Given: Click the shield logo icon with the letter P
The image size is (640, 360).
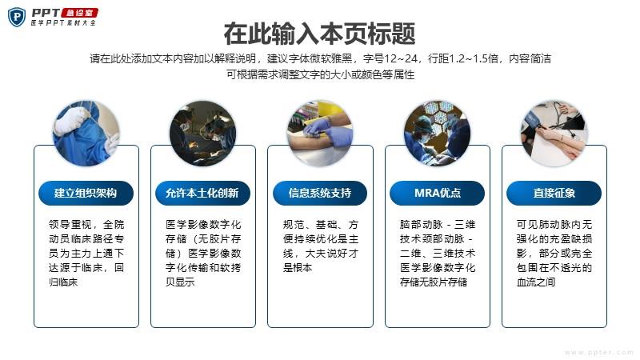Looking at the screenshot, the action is (x=17, y=17).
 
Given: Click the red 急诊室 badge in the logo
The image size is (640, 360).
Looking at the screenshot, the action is (x=80, y=13).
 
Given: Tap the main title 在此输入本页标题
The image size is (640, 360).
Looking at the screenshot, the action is (x=319, y=34).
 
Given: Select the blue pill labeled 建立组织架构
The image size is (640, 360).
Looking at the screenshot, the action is (x=86, y=193).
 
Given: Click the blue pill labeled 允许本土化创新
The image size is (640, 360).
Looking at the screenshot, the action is (x=202, y=193).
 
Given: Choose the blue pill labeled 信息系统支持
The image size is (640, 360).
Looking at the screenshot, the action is (x=320, y=193).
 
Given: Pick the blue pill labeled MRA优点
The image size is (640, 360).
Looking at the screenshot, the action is (x=437, y=193).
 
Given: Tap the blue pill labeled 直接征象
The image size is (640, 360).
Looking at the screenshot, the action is (x=554, y=193).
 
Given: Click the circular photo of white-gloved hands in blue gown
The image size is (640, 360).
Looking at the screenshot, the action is (x=86, y=134).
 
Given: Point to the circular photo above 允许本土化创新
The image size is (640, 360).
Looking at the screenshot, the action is (x=203, y=134).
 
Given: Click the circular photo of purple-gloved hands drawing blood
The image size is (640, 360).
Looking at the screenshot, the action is (x=320, y=134).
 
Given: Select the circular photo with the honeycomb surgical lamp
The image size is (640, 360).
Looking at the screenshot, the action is (x=437, y=134).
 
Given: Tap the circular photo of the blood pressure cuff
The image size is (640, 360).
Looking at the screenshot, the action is (x=554, y=134).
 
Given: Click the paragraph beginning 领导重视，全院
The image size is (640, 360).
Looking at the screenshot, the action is (x=86, y=253).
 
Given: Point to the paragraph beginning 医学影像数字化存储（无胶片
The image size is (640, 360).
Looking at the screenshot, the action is (x=203, y=253).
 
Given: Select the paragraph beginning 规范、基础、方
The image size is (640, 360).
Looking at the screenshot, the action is (x=321, y=246).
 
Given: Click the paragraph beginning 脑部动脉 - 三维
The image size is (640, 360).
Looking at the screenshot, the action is (x=438, y=253).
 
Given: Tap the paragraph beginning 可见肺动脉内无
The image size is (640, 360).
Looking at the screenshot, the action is (x=554, y=253).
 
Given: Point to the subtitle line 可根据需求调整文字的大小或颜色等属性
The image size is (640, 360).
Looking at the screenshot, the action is (x=321, y=74).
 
